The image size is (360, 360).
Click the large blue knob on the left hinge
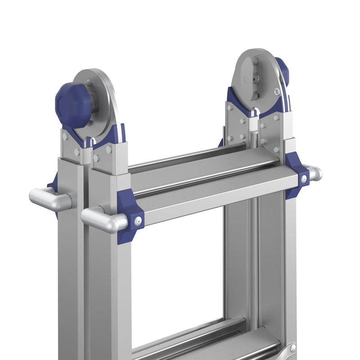73,104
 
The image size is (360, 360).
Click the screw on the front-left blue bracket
138,220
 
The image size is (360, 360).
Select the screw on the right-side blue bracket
304,179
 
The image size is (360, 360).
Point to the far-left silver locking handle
47,199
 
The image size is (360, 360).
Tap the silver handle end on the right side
315,173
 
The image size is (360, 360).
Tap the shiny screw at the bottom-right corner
293,348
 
